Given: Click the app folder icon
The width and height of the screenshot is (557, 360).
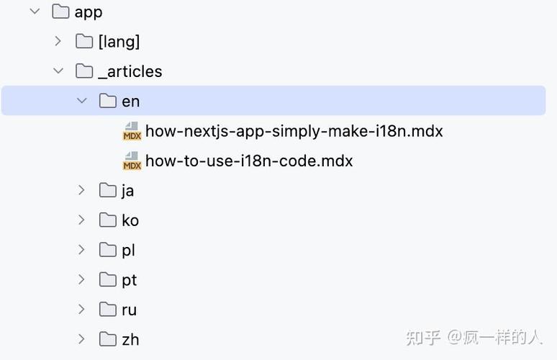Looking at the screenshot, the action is tap(60, 12).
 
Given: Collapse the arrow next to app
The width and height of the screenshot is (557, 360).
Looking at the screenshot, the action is tap(35, 12).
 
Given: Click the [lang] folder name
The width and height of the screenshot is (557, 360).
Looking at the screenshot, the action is tap(119, 42).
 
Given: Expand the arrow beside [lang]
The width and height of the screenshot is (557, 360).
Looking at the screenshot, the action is tap(58, 41).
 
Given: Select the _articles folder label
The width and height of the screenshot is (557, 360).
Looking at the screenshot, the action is tap(130, 71).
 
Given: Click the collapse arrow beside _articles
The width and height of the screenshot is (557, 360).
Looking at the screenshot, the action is tap(58, 71).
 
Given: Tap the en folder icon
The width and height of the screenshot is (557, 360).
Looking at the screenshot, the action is tap(108, 101).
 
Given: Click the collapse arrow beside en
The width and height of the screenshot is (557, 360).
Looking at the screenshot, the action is tap(82, 101).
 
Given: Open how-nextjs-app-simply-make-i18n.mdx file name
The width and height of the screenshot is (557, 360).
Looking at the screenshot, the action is tap(294, 131).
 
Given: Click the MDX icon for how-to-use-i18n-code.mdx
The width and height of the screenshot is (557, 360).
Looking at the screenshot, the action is tap(132, 161).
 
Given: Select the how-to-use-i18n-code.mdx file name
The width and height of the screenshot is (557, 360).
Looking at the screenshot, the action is tap(249, 161).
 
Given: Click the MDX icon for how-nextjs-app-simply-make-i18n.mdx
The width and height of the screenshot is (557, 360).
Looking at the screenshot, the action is tap(132, 131).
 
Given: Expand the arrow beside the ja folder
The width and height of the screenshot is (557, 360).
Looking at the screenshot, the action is tap(81, 190).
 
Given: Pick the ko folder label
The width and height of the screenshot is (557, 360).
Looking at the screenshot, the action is tap(130, 220).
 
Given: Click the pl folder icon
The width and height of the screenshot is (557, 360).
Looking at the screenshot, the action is tap(108, 250).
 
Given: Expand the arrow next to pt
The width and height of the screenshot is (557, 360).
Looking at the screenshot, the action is tap(81, 279).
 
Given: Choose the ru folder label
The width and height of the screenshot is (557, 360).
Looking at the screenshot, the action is tap(130, 310).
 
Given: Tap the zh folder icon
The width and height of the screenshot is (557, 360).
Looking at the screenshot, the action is tap(108, 339).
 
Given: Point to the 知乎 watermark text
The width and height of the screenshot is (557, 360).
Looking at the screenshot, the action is tap(423, 337).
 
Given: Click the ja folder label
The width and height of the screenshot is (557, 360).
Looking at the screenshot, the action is tap(127, 192).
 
